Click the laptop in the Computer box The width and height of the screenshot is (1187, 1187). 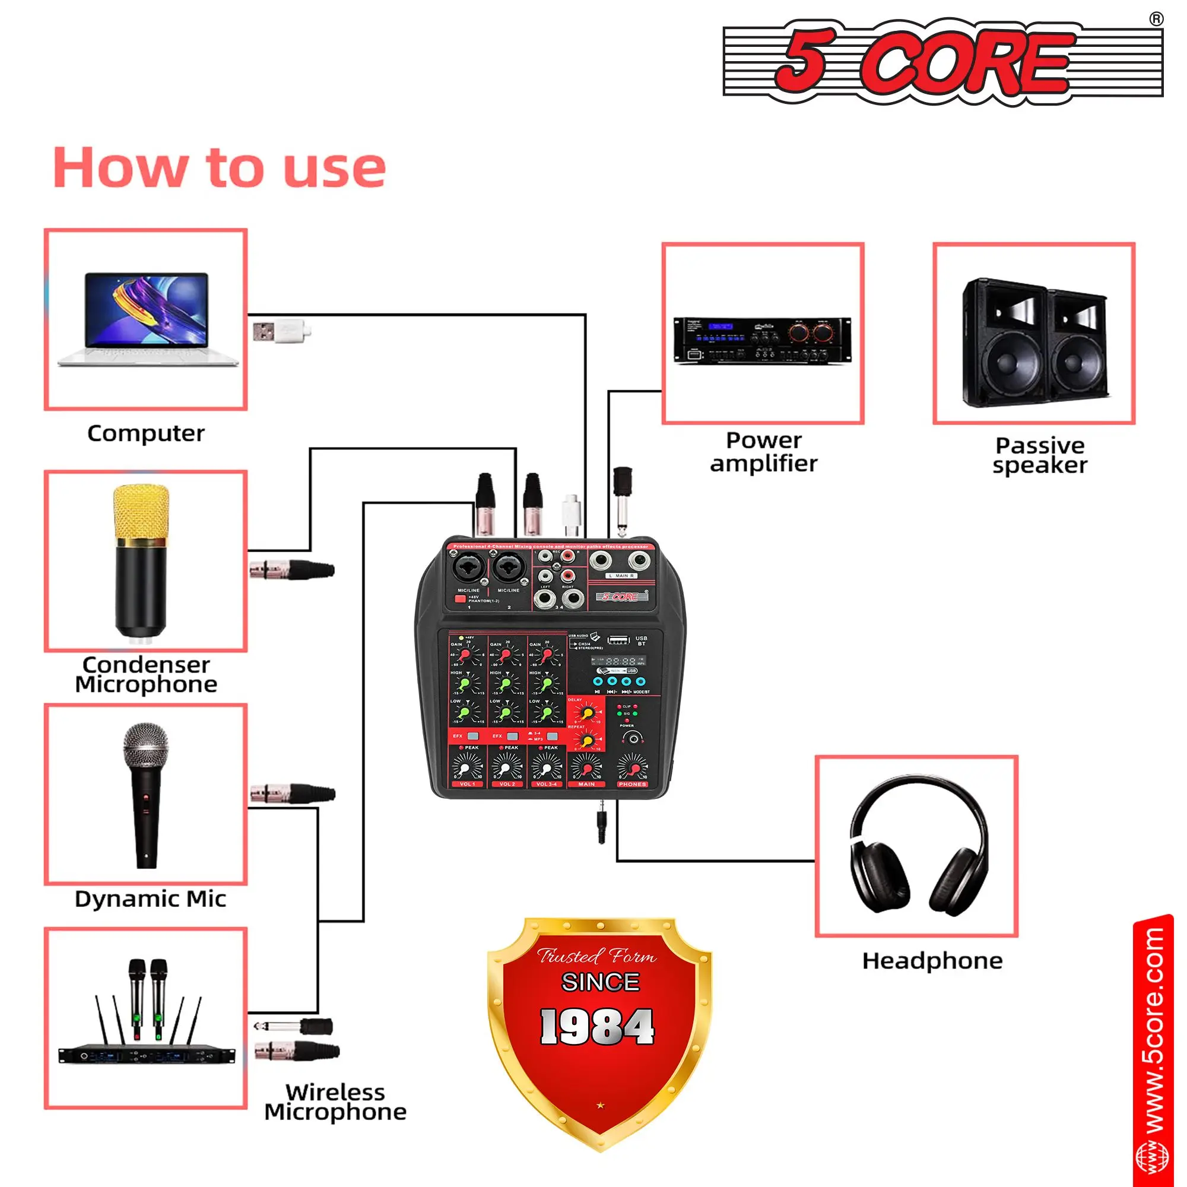[x=147, y=319]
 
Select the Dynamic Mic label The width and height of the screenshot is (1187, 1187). [x=151, y=899]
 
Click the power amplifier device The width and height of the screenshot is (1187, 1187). [x=762, y=340]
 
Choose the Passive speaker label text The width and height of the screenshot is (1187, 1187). [x=1040, y=455]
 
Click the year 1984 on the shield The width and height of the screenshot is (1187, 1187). [x=597, y=1027]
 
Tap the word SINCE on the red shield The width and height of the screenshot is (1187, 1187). [x=600, y=982]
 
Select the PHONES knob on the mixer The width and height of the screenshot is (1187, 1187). [x=632, y=768]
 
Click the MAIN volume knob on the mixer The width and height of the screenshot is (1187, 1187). [x=587, y=768]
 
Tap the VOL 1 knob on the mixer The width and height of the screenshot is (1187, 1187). [x=468, y=768]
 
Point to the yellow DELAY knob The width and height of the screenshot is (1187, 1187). [x=588, y=713]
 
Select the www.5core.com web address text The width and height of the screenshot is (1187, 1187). [x=1154, y=1038]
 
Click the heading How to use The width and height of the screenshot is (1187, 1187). [x=220, y=168]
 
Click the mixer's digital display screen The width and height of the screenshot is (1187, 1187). [x=617, y=661]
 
